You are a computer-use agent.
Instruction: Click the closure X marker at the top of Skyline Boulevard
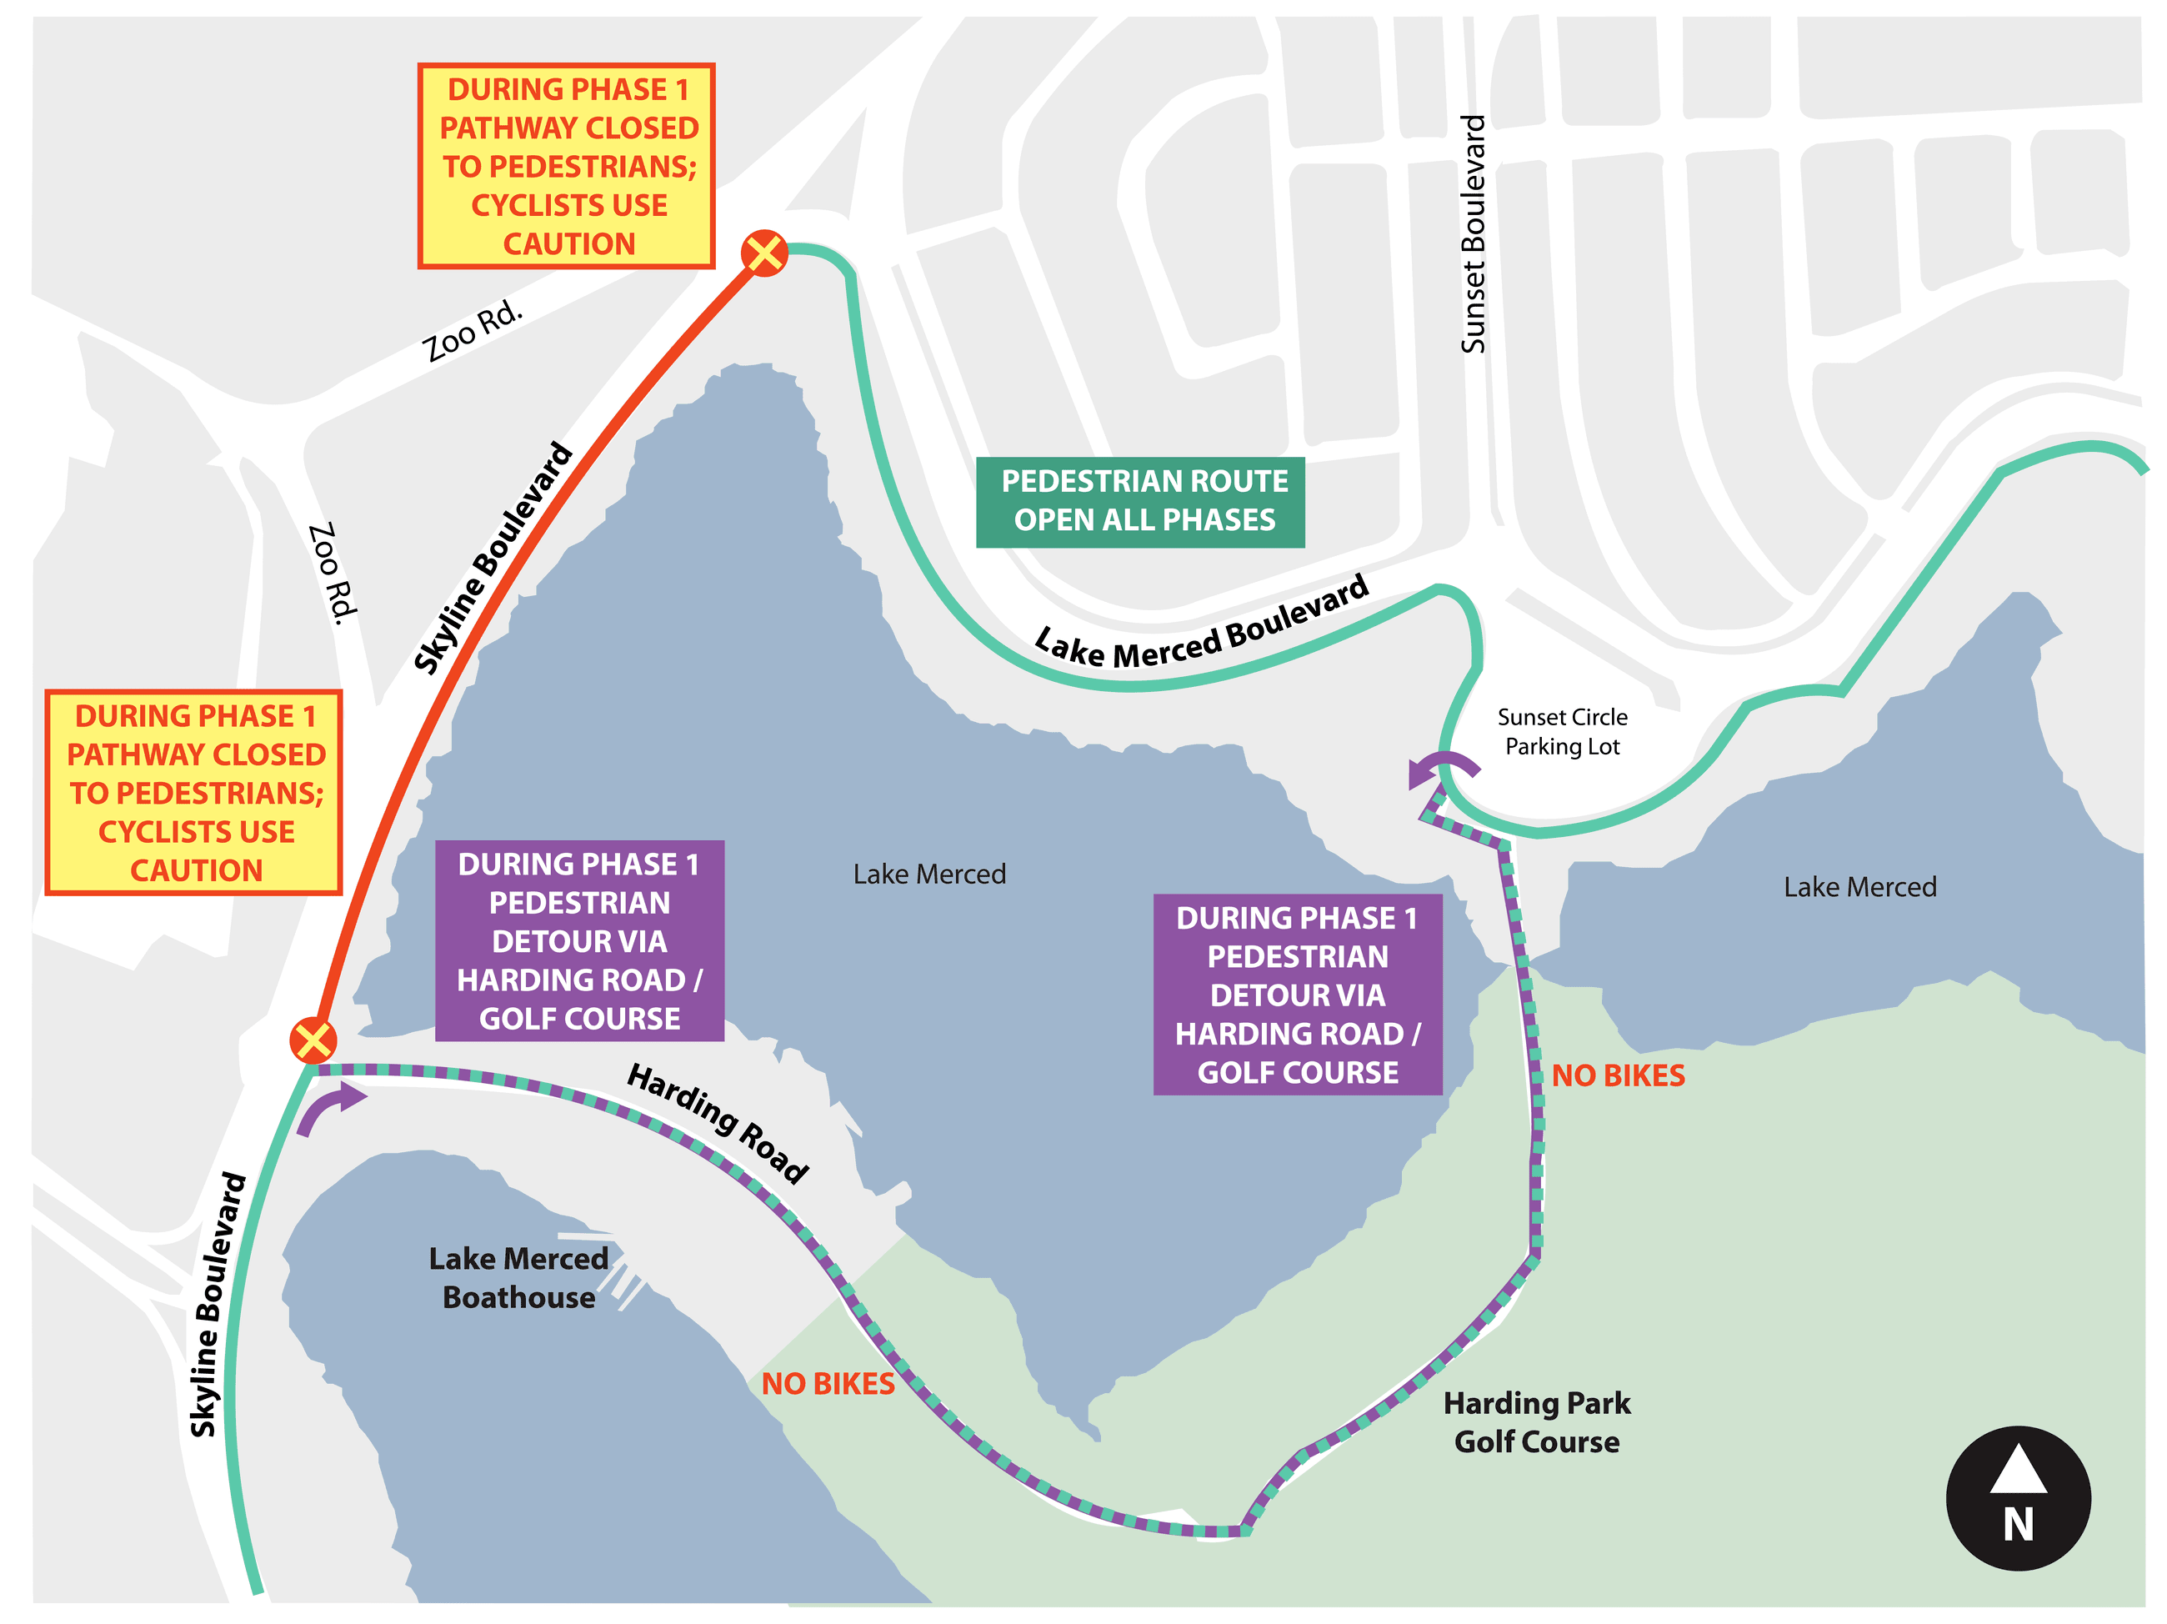764,253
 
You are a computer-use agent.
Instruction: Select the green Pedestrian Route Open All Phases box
1139,501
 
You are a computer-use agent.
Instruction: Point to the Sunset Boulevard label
1473,234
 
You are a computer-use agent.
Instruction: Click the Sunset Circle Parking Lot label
1562,731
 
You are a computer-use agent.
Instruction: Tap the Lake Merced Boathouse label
518,1277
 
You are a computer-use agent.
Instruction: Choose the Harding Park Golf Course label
1536,1422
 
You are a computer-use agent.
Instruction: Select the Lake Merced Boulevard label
1202,624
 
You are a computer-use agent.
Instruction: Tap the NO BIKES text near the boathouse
828,1383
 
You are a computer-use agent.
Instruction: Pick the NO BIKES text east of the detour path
1618,1075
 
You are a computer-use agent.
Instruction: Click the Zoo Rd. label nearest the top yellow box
473,330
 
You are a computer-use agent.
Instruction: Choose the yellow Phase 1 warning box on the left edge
194,792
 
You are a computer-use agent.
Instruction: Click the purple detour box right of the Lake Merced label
1297,994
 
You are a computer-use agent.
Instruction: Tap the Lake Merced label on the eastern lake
1859,887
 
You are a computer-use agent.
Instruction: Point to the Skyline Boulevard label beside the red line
493,558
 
